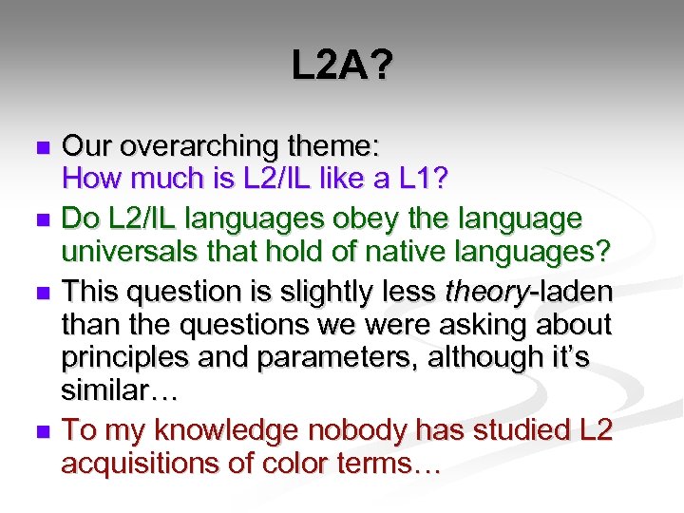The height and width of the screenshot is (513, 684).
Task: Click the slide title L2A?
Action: click(x=342, y=67)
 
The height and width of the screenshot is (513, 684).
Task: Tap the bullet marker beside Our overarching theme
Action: click(x=41, y=148)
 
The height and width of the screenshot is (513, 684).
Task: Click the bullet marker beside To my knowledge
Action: click(x=41, y=432)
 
